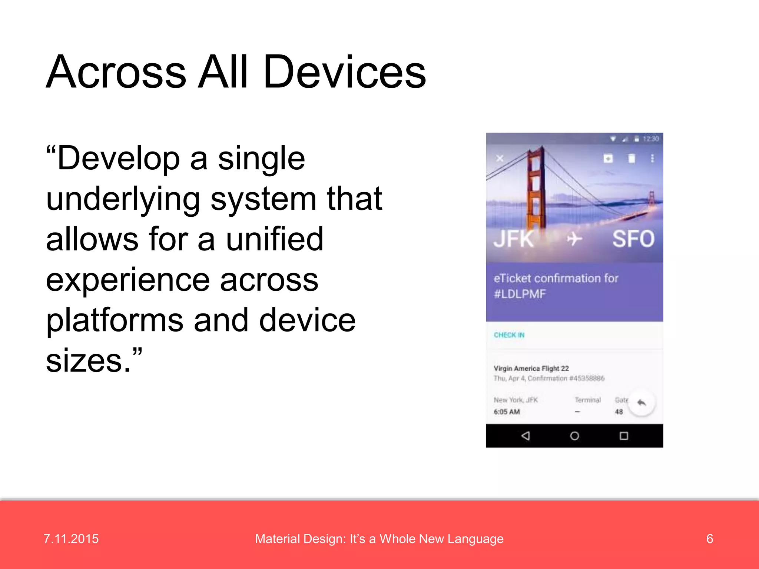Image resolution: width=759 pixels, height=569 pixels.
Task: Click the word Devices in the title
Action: click(345, 72)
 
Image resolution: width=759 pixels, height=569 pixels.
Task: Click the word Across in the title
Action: click(116, 72)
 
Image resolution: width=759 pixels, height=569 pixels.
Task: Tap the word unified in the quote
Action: click(275, 239)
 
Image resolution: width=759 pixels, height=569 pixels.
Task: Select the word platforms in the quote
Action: click(115, 320)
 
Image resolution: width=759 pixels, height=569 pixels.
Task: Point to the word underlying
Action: click(123, 199)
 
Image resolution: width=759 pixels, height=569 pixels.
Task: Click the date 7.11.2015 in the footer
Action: click(71, 539)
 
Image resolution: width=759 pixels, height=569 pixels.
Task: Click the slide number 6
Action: click(709, 539)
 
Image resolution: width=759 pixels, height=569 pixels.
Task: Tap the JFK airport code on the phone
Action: click(514, 239)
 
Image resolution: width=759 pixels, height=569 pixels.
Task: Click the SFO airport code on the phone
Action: click(633, 239)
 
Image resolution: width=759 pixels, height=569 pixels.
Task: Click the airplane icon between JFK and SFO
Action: click(574, 239)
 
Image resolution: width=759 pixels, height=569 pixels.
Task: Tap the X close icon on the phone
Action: click(500, 159)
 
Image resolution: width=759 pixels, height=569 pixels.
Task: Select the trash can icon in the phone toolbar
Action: click(632, 159)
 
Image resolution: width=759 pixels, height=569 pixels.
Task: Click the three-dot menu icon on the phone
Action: click(652, 159)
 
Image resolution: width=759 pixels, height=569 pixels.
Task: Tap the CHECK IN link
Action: click(509, 335)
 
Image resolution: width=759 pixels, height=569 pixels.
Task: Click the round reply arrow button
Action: click(642, 403)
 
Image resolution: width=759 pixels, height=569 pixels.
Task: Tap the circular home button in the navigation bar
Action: click(574, 436)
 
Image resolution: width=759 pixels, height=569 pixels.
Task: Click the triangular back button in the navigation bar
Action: click(526, 436)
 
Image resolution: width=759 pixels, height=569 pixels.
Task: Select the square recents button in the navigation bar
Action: click(624, 436)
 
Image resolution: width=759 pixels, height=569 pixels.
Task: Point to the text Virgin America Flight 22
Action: click(531, 368)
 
